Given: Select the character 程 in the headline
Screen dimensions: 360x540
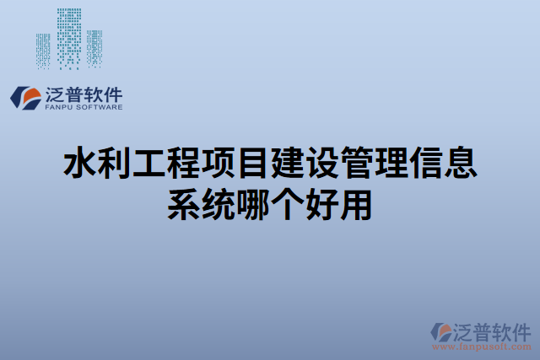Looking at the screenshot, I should tap(184, 164).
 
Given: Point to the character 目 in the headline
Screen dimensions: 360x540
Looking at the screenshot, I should tap(253, 164).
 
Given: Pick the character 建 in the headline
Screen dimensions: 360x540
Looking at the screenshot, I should tap(288, 164).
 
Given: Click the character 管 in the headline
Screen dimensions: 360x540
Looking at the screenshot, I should tap(357, 164).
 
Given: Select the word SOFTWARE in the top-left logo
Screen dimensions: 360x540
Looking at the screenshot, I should tap(98, 107).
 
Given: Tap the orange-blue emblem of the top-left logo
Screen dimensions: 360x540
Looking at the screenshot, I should tap(24, 97).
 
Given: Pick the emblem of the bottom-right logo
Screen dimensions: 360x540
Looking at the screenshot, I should tap(440, 331).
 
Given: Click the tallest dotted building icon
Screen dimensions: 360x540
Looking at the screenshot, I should tap(69, 38).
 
